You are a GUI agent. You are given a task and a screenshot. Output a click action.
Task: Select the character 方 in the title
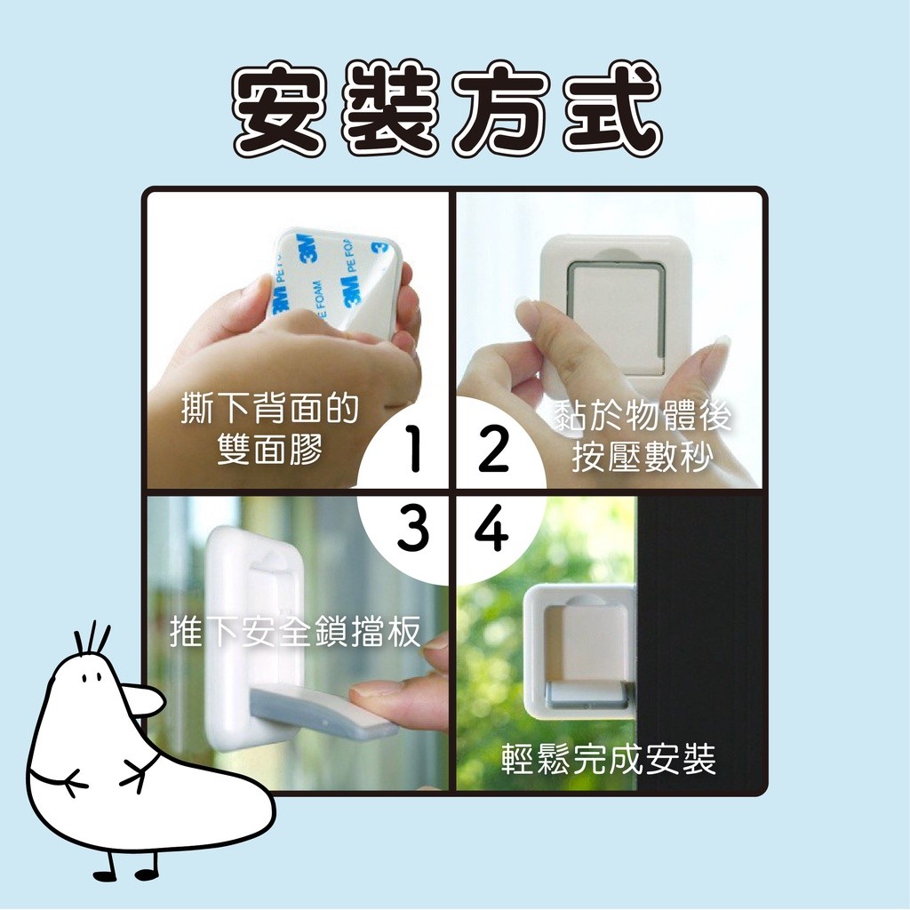(502, 110)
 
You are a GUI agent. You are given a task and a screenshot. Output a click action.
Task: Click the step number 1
(413, 448)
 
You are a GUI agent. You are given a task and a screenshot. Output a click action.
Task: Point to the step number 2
(493, 448)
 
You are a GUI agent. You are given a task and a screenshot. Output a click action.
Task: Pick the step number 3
(413, 528)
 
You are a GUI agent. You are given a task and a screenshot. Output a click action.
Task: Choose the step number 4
(492, 528)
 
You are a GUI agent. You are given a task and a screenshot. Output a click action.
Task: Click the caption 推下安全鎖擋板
(295, 632)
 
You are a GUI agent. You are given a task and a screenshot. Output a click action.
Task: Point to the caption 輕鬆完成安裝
(609, 759)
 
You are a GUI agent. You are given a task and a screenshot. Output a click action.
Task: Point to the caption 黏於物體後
(643, 416)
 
